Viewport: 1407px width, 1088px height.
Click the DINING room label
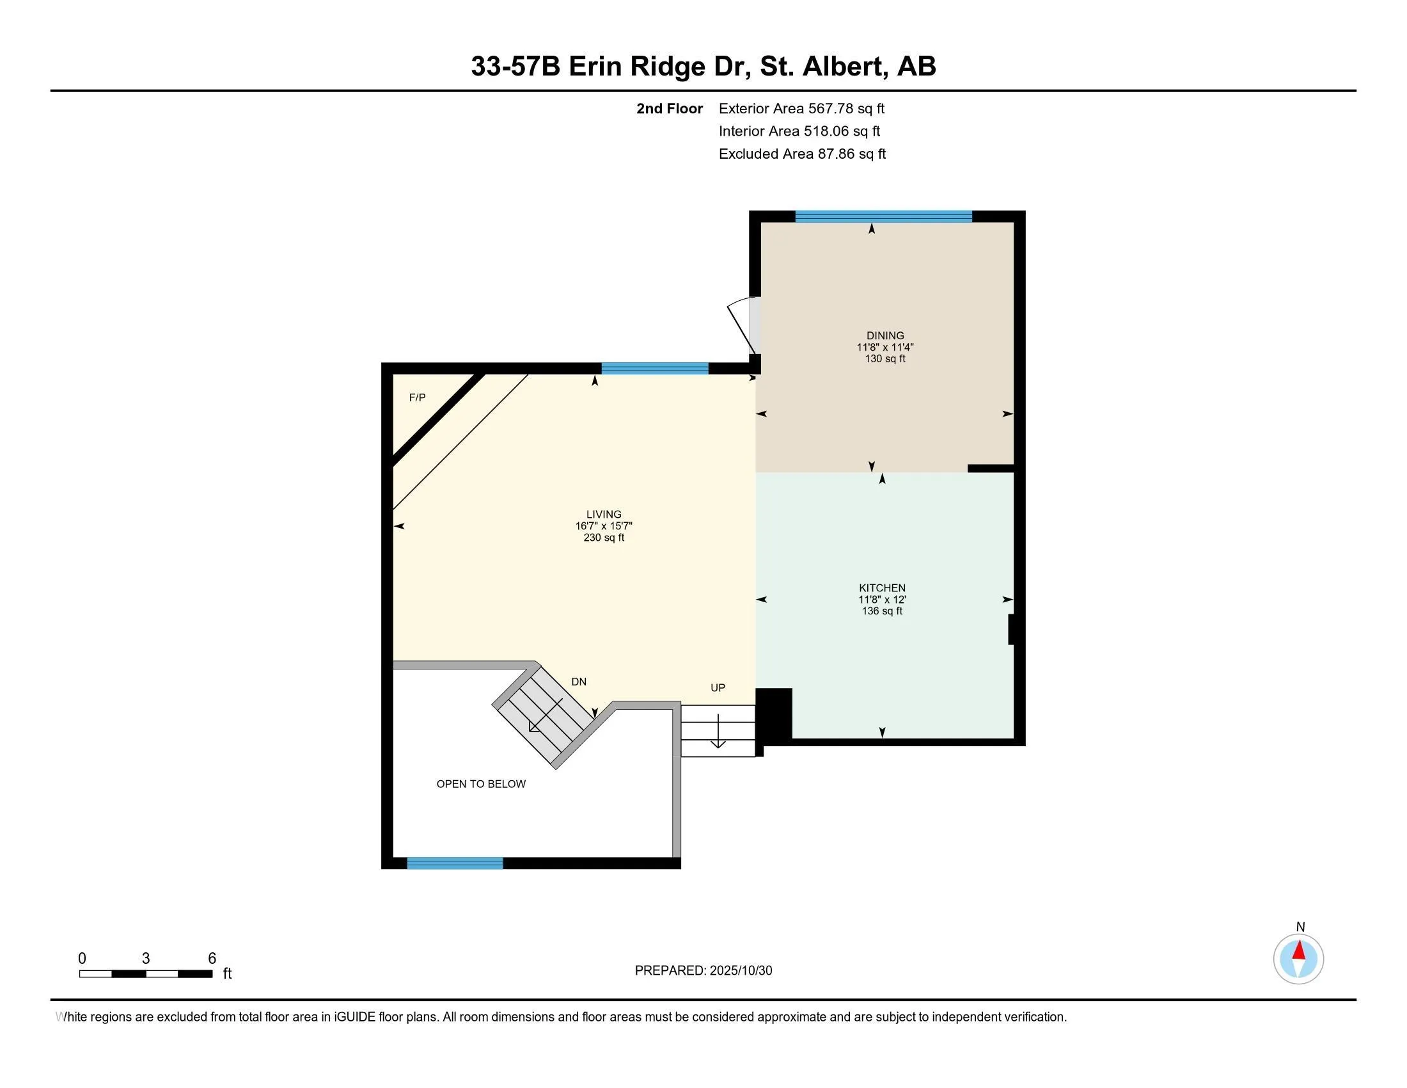click(x=884, y=335)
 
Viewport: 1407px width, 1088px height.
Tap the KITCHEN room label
click(x=882, y=588)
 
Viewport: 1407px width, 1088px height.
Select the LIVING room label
click(x=604, y=515)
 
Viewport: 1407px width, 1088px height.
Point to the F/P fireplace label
click(x=418, y=397)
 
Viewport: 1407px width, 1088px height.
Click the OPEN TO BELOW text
click(x=481, y=784)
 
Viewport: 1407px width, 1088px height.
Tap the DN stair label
click(x=579, y=682)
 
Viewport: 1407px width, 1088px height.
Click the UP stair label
click(x=718, y=688)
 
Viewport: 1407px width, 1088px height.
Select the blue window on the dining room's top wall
click(x=883, y=216)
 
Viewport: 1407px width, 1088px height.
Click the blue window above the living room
click(x=654, y=369)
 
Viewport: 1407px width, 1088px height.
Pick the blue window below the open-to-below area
click(x=455, y=863)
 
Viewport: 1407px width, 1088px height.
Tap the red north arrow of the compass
click(x=1299, y=950)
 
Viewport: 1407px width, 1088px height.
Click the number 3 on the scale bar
click(x=146, y=959)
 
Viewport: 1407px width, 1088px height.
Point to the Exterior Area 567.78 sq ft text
click(x=801, y=108)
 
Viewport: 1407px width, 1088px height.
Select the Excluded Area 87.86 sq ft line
click(x=802, y=154)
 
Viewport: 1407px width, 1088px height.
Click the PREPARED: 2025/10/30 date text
click(x=703, y=970)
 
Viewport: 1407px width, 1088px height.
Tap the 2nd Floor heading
click(x=670, y=108)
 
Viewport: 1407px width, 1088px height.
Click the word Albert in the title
click(x=842, y=67)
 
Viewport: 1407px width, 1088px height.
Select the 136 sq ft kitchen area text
click(x=882, y=611)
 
